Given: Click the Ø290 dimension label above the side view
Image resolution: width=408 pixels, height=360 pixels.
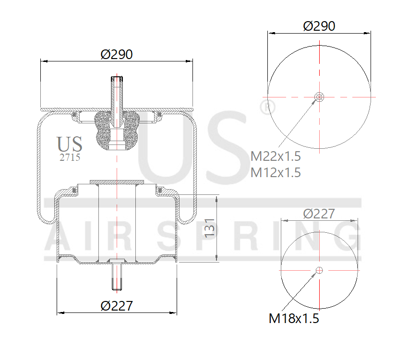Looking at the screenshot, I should point(117,54).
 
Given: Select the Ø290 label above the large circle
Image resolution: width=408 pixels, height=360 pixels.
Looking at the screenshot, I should point(319,26).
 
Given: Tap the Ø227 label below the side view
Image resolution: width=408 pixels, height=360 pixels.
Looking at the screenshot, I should point(117,305).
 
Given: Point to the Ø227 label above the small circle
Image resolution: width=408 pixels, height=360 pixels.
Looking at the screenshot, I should point(319,214).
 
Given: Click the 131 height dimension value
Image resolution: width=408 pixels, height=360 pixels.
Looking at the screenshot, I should point(210,228).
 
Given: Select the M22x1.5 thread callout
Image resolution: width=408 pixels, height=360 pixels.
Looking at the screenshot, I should point(276,156).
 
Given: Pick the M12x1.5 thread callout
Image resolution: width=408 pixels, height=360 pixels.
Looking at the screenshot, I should point(276,172).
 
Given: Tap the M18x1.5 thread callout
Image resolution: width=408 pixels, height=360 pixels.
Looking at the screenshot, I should point(294,318).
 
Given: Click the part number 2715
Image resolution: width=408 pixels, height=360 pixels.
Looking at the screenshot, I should point(70,157).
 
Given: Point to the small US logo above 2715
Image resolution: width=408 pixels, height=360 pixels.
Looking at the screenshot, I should point(70,144).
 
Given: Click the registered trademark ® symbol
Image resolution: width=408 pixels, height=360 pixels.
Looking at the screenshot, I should point(264,107).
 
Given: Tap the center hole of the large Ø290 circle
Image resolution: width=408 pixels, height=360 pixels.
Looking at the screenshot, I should point(319,97).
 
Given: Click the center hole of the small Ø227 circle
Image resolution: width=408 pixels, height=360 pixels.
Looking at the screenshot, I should point(319,270).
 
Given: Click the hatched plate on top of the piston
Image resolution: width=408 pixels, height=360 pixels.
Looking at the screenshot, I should point(117,182).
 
